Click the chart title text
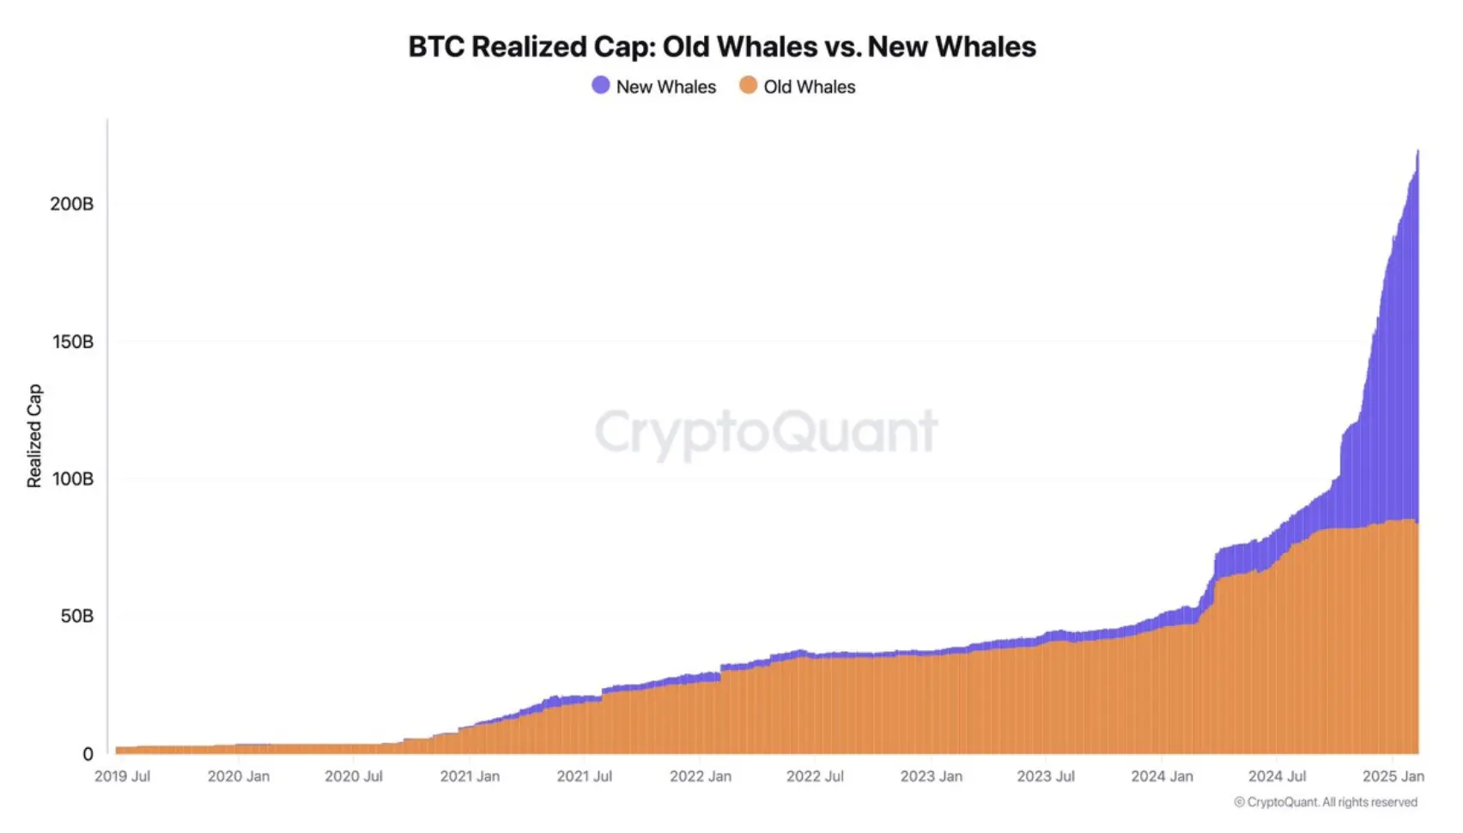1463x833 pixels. point(722,46)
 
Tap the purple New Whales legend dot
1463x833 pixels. point(601,85)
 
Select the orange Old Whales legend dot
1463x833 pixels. point(749,85)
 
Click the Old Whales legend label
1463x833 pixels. point(809,87)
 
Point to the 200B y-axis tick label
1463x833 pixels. point(71,204)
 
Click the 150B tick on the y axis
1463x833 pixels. point(72,341)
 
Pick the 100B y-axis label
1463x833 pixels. point(72,478)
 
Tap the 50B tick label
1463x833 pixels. point(76,616)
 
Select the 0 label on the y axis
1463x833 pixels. point(88,754)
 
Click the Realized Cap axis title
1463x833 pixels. point(34,435)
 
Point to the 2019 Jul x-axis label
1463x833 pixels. point(122,776)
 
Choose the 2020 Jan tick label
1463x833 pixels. point(239,776)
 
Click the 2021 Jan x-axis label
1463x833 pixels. point(470,776)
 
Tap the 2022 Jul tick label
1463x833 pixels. point(815,776)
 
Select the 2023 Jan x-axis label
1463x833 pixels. point(931,776)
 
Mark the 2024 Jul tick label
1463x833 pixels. point(1277,776)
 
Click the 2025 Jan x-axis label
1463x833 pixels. point(1393,776)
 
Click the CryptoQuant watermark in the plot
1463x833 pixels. point(766,432)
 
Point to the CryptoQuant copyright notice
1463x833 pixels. point(1326,802)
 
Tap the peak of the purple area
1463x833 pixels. point(1417,152)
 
